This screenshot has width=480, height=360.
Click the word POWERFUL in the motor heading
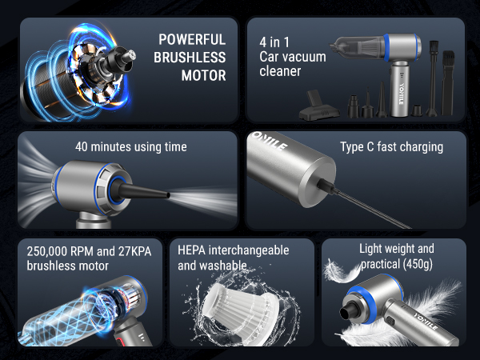click(192, 39)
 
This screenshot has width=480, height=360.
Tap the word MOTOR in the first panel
click(204, 77)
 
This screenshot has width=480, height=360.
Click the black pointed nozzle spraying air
click(143, 193)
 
